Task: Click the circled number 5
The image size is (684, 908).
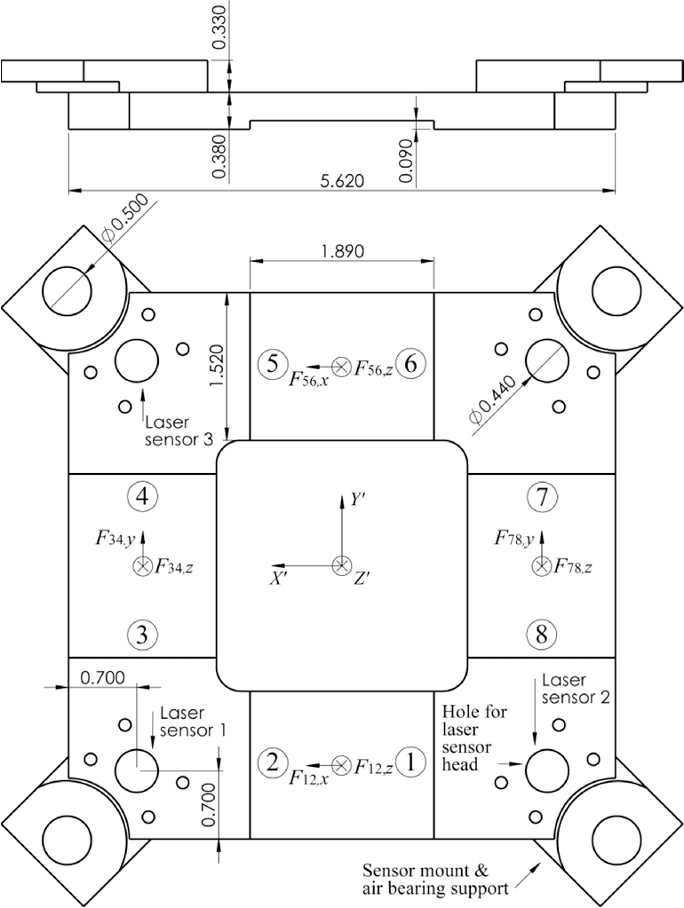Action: click(x=273, y=363)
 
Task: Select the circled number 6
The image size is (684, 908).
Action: click(x=410, y=364)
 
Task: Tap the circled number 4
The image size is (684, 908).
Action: click(x=143, y=497)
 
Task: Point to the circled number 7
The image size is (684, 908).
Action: click(x=542, y=498)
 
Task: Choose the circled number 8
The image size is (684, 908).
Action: click(x=542, y=635)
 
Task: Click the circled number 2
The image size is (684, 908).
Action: click(x=273, y=762)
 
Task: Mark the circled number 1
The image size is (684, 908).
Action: click(x=410, y=762)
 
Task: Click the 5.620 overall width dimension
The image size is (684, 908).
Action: click(x=342, y=179)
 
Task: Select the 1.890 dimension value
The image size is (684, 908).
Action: click(x=342, y=251)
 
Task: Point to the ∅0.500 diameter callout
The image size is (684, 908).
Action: click(x=124, y=222)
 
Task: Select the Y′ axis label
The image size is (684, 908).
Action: click(x=357, y=500)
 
